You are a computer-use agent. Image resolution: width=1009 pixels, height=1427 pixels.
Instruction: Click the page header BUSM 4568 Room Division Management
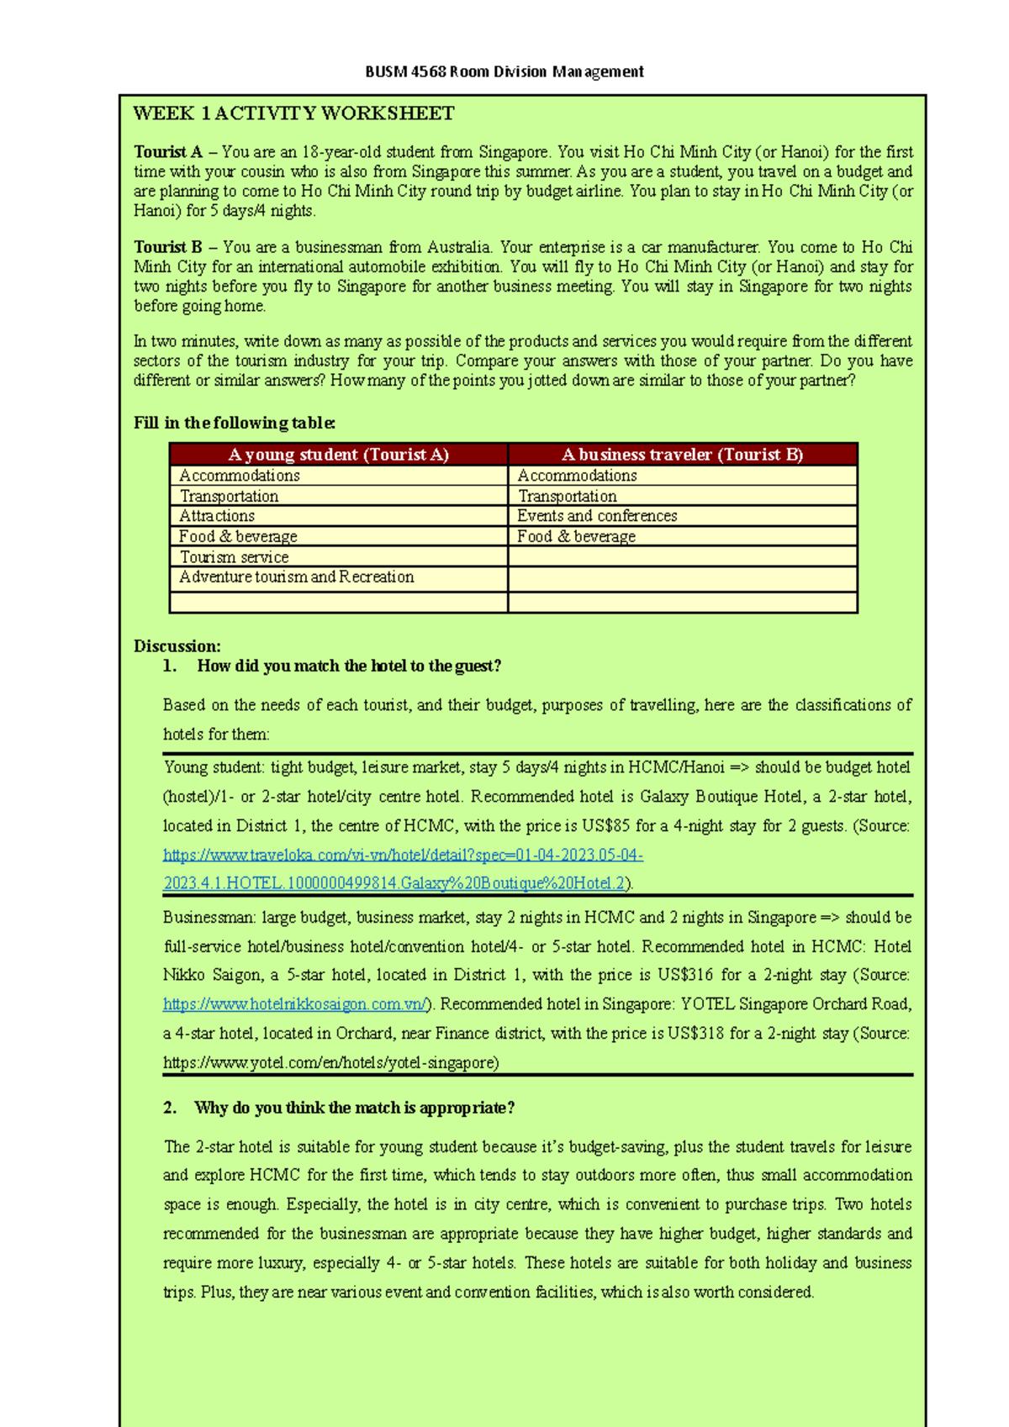(504, 71)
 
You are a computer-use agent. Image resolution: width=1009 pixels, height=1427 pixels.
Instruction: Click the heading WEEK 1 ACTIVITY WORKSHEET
(293, 113)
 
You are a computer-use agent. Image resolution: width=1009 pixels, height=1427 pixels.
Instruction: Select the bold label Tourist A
(168, 152)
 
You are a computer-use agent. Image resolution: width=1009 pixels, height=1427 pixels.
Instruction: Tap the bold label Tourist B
(168, 247)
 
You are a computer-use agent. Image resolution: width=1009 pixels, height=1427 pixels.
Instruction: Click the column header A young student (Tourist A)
(338, 455)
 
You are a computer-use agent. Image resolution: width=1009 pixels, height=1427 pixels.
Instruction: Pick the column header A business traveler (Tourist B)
(682, 455)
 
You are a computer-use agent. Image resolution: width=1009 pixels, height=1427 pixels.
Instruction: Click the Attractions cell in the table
(217, 516)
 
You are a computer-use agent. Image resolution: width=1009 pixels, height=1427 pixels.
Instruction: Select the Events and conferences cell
(597, 516)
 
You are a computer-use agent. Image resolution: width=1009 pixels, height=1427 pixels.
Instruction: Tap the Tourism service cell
(234, 557)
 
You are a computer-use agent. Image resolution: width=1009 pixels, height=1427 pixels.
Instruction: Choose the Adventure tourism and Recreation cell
(296, 577)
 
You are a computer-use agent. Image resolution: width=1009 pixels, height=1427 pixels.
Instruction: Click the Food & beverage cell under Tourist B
(576, 536)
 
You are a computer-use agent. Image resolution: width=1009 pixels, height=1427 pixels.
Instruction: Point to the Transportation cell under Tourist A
(229, 497)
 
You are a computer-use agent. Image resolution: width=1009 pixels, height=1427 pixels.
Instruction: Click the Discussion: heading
(177, 646)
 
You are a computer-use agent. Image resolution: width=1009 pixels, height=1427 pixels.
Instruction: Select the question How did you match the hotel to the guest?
(349, 666)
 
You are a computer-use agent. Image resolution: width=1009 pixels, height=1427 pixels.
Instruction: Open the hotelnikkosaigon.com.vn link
(295, 1004)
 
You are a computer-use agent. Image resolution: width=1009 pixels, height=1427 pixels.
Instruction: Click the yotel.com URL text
(331, 1063)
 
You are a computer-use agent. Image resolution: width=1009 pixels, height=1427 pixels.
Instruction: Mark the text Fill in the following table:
(235, 423)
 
